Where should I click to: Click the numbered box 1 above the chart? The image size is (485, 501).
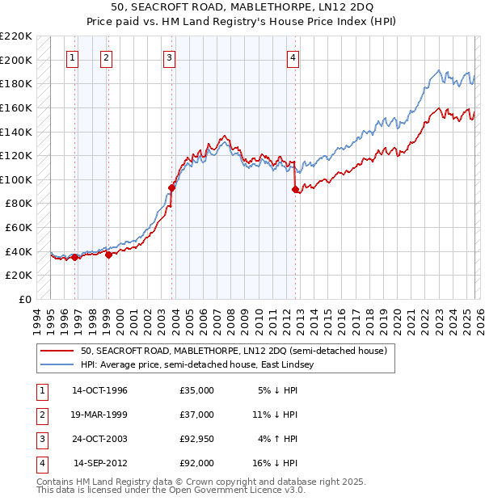73,57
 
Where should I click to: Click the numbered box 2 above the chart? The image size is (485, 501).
107,57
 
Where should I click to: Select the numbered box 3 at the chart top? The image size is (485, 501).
169,57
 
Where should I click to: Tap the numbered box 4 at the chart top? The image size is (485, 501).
292,57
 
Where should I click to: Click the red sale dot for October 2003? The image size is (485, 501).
171,187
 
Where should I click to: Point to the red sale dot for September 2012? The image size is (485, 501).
294,189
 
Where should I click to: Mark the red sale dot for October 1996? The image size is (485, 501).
74,258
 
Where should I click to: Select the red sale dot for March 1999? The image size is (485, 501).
108,255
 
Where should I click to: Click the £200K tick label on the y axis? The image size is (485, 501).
16,60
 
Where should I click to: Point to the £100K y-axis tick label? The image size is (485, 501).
16,179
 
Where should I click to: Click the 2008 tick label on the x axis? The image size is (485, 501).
234,318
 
